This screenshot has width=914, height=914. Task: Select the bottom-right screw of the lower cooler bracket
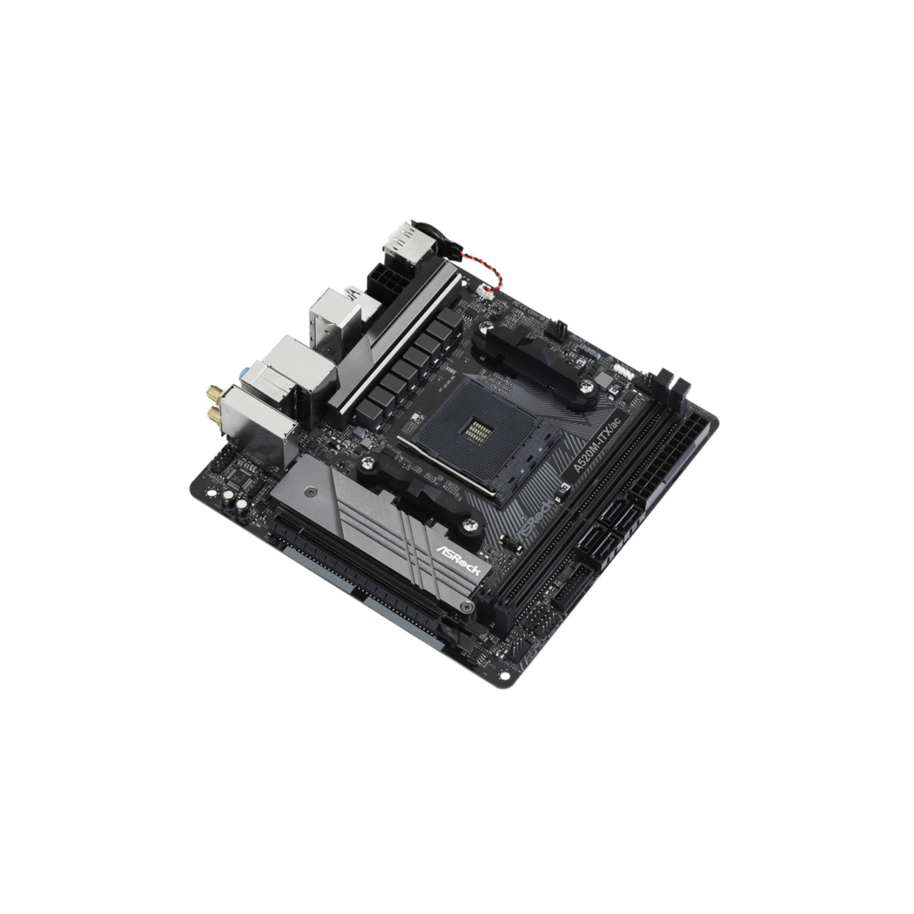point(472,525)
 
